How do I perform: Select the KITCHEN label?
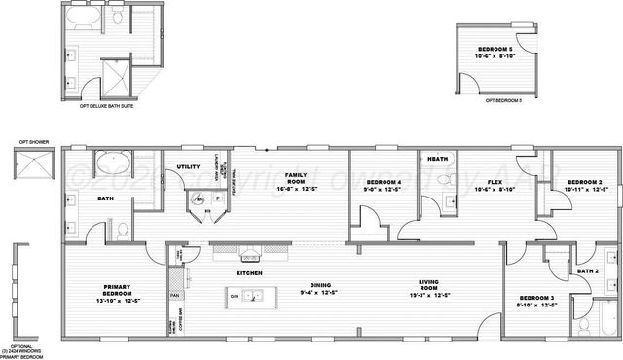pyautogui.click(x=249, y=274)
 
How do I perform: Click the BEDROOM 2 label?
pyautogui.click(x=587, y=182)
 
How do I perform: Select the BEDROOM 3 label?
pyautogui.click(x=537, y=298)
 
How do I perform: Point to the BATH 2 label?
pyautogui.click(x=587, y=271)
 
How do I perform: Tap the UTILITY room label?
pyautogui.click(x=188, y=167)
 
